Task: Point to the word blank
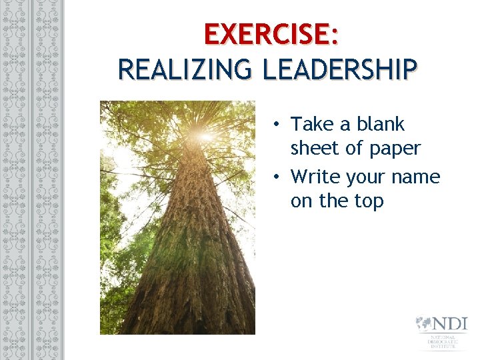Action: pos(381,124)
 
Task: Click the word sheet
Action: pos(315,148)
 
